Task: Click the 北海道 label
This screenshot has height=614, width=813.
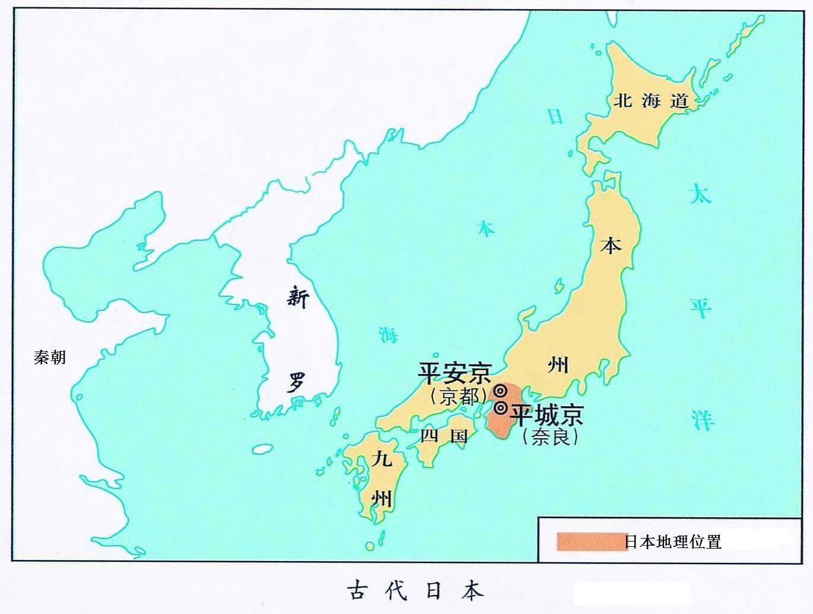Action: pos(651,101)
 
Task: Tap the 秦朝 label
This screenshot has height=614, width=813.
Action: pos(50,357)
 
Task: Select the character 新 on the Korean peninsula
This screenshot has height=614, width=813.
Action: pos(297,296)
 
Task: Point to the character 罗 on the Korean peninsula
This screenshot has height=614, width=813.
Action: pos(296,382)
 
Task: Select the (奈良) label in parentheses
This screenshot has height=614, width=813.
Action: pos(550,437)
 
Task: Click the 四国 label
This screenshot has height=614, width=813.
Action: pos(444,436)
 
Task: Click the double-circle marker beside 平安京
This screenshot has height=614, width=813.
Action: pos(500,391)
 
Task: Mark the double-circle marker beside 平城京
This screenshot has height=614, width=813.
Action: pos(500,408)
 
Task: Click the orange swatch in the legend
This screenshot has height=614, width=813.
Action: pos(591,542)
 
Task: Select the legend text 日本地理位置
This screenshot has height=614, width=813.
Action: pos(673,542)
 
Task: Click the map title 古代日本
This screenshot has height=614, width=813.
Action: pos(415,590)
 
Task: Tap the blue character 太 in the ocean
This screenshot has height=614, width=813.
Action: pos(700,195)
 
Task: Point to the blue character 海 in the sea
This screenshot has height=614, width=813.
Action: pos(389,336)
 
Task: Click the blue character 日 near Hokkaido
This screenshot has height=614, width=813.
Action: pos(555,116)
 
